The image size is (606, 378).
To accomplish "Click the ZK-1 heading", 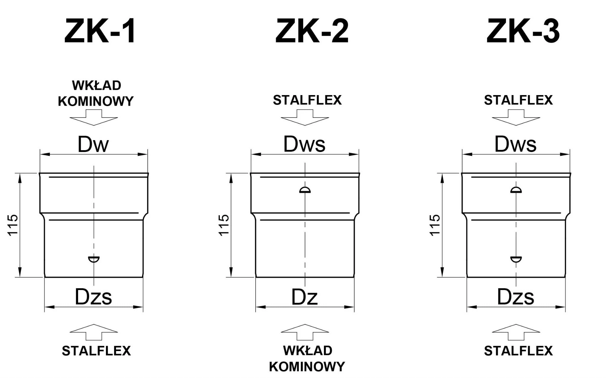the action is (100, 31).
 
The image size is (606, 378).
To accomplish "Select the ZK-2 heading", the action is (312, 31).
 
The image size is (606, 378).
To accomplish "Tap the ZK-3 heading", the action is (523, 31).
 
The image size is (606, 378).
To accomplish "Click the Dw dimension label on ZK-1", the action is (93, 144).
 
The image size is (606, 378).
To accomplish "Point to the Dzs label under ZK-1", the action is (94, 297).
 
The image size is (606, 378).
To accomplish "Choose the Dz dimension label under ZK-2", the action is (304, 297).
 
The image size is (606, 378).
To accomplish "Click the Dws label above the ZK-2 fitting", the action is (304, 144).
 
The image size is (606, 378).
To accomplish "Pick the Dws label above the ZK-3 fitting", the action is (515, 144).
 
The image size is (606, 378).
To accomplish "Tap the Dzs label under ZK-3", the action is (515, 297).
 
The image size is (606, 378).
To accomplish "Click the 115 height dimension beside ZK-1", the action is (13, 225).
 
